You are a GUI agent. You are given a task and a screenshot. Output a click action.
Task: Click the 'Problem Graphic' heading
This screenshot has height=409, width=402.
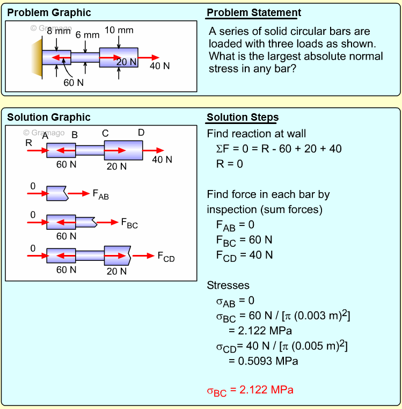click(49, 13)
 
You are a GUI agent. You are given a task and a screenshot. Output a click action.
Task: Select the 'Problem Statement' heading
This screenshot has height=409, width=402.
click(254, 13)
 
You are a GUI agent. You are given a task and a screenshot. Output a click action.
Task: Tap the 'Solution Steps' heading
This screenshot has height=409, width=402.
click(243, 118)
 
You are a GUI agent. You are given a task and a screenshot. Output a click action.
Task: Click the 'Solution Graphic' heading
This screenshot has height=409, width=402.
click(49, 118)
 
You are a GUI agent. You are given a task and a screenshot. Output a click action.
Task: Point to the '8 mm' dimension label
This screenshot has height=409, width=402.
click(59, 31)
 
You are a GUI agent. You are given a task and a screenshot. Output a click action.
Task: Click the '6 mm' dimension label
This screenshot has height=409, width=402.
click(87, 35)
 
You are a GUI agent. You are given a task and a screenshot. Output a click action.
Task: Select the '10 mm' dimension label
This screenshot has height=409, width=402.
click(119, 30)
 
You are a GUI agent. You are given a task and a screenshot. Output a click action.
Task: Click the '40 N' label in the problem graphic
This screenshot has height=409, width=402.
click(159, 66)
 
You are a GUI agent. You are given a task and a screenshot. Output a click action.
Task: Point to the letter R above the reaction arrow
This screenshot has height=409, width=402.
click(28, 143)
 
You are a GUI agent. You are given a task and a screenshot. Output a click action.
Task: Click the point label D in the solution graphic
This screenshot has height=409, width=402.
click(141, 133)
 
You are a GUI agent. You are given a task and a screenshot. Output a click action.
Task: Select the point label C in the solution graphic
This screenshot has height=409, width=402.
click(105, 134)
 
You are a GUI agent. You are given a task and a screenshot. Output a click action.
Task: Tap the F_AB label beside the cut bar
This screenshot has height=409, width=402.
click(100, 195)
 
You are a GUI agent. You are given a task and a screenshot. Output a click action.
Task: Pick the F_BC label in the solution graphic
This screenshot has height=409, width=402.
click(129, 223)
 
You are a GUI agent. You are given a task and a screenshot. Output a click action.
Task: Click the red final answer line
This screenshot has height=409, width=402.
click(250, 390)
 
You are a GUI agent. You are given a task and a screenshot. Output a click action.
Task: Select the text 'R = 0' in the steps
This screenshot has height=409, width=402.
click(230, 164)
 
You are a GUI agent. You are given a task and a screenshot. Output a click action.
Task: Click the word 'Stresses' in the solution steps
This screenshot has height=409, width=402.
click(228, 286)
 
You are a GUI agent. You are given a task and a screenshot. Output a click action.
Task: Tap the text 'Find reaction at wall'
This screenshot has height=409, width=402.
click(257, 134)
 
